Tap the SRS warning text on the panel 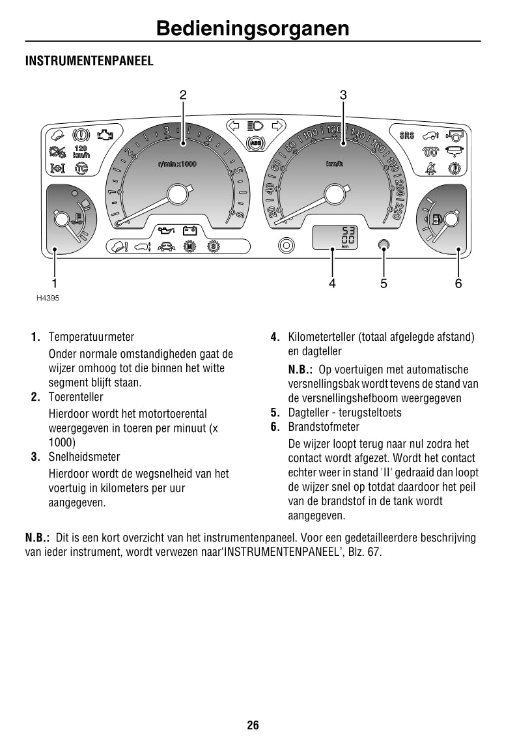click(x=406, y=136)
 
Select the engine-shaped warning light click(x=104, y=136)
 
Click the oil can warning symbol click(x=166, y=231)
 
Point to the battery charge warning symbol click(x=190, y=230)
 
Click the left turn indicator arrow click(x=234, y=126)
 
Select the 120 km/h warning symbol click(x=81, y=152)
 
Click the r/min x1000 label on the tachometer click(x=176, y=164)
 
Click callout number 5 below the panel click(x=384, y=283)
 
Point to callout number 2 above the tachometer click(x=183, y=95)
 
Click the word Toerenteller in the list click(x=76, y=397)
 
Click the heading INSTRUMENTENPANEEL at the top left click(x=89, y=61)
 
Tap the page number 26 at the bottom click(x=253, y=725)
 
